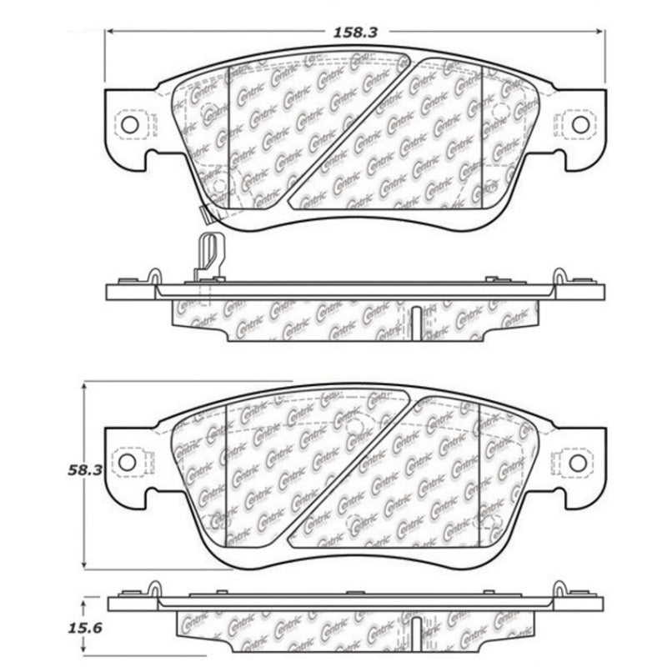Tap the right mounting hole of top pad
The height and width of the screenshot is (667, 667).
579,124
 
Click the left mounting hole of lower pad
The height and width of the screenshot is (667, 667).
127,461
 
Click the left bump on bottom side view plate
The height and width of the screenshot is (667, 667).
155,588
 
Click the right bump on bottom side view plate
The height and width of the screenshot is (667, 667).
554,588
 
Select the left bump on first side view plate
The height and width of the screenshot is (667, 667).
155,276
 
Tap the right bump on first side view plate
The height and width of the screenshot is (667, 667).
554,276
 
